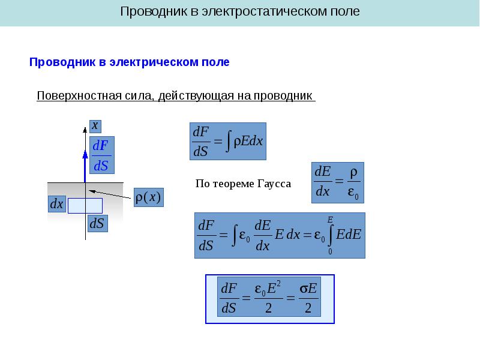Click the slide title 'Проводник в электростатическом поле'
pos(240,12)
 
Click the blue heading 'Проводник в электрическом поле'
pos(130,62)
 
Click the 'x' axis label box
pos(95,125)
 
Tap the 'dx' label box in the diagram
pos(56,205)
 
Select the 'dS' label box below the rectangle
pos(97,223)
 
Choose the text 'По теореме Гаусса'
pos(243,184)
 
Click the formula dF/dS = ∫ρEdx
pos(227,141)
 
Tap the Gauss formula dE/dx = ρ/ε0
pos(338,182)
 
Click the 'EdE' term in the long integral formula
pos(349,235)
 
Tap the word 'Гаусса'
pos(274,184)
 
